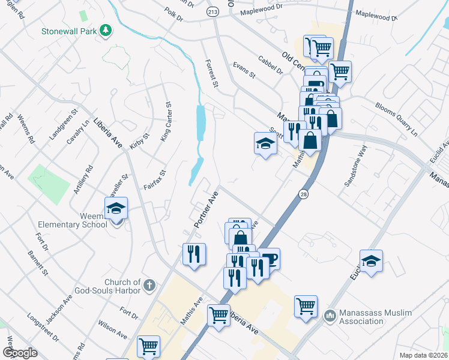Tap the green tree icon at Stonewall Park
pos(106,30)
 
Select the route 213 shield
pos(213,11)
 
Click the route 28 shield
pos(304,193)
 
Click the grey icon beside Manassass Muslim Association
pos(330,315)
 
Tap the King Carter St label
pos(166,121)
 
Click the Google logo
pos(20,353)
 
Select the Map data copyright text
pos(423,355)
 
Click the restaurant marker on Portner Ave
pos(194,254)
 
